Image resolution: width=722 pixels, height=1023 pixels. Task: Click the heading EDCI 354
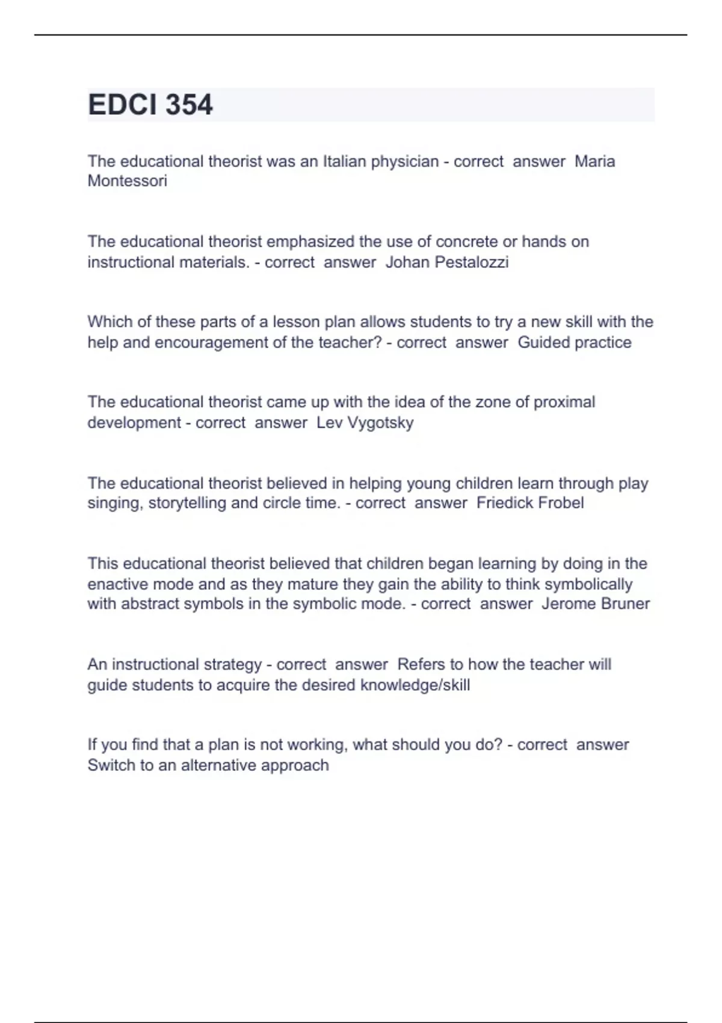[150, 105]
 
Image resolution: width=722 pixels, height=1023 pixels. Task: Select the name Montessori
[127, 181]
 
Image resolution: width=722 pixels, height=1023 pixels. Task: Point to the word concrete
[467, 242]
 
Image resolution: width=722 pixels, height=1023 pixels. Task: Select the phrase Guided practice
[575, 342]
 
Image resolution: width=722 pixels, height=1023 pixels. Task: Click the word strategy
[233, 664]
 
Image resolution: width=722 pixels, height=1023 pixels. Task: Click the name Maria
[594, 161]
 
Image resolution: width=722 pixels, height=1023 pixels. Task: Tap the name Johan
[407, 262]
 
